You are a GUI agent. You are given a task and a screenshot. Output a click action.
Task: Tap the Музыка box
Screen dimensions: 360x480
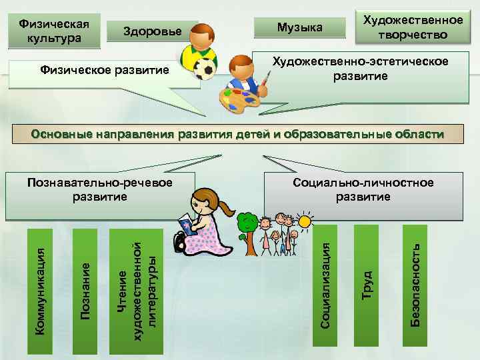(x=299, y=27)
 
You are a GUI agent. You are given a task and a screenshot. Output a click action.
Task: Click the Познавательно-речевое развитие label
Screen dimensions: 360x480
(x=100, y=190)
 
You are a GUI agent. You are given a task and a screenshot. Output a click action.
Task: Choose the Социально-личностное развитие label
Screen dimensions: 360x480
(x=363, y=190)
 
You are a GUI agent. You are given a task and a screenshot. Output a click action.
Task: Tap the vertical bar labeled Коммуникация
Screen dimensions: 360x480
(x=41, y=290)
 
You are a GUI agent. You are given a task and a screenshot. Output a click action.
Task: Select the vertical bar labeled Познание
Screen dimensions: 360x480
(x=85, y=290)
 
